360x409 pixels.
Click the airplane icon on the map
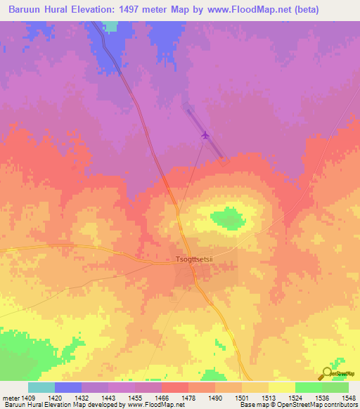pyautogui.click(x=205, y=135)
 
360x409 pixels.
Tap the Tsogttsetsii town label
pyautogui.click(x=194, y=259)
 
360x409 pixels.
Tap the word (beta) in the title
pyautogui.click(x=308, y=10)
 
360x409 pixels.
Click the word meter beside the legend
pyautogui.click(x=9, y=397)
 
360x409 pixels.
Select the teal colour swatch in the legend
pyautogui.click(x=41, y=387)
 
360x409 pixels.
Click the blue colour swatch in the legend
pyautogui.click(x=67, y=387)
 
